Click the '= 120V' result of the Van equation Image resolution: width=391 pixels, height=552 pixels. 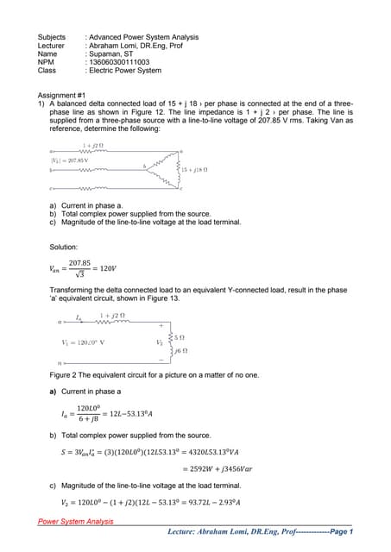pos(110,269)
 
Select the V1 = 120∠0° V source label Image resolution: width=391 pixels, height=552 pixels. pos(84,342)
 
